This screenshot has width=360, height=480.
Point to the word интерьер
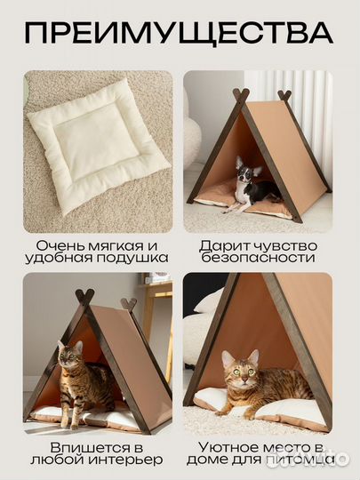coord(132,460)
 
